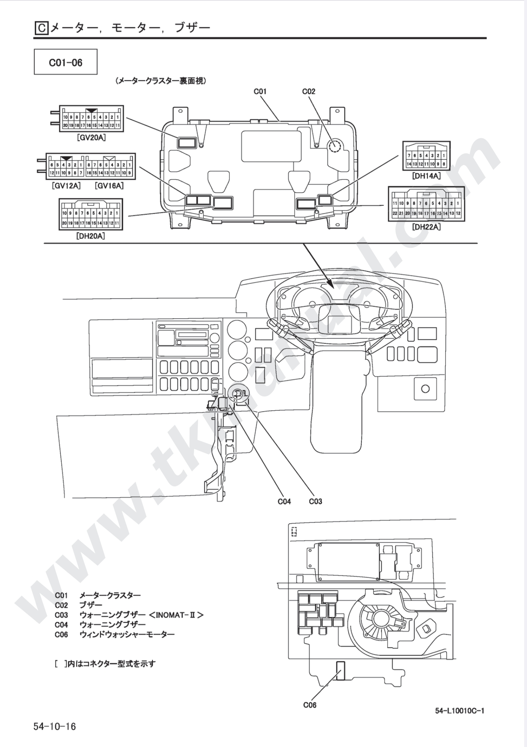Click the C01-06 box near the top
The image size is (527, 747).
[66, 62]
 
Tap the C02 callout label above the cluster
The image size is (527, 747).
[309, 91]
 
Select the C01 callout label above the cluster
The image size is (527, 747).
[260, 91]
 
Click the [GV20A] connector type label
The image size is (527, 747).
[91, 138]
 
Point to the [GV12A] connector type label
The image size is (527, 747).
[66, 186]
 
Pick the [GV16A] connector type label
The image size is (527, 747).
[109, 186]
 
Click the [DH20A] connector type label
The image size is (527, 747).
[90, 236]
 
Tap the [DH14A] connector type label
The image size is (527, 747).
[427, 176]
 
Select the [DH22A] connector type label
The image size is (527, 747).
[427, 227]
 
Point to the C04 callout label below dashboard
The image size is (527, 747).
[284, 501]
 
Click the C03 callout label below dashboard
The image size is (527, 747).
[315, 501]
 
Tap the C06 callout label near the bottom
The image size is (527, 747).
[310, 705]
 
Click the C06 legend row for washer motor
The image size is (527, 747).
[115, 635]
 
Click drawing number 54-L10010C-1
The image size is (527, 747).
[460, 711]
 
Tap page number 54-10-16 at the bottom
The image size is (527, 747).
[55, 726]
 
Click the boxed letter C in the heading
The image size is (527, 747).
[41, 28]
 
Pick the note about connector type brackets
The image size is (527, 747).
[105, 664]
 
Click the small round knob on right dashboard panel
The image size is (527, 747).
[426, 389]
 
